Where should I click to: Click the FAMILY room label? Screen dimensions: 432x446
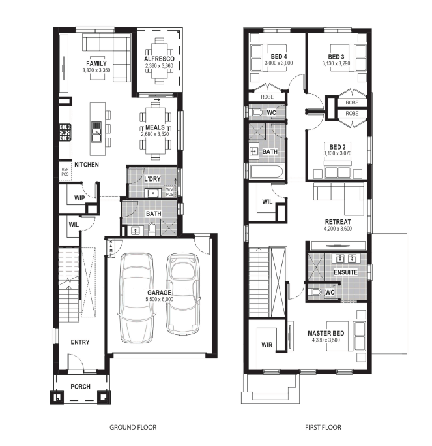[96, 63]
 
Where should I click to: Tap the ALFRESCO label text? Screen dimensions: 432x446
[159, 59]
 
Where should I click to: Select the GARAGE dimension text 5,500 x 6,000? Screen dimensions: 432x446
[159, 299]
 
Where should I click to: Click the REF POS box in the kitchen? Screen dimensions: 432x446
[65, 172]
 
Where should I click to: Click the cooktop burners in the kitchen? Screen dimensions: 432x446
[65, 133]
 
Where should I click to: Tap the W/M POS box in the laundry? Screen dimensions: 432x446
[169, 192]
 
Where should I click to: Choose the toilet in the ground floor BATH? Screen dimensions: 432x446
[152, 229]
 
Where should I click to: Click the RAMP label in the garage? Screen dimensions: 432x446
[111, 247]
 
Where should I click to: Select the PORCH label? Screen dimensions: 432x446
[81, 387]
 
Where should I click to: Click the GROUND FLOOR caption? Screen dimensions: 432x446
[133, 427]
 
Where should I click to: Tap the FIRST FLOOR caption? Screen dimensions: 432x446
[323, 427]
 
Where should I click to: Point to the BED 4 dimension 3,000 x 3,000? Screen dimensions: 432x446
[279, 63]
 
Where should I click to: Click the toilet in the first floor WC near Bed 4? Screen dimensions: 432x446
[257, 112]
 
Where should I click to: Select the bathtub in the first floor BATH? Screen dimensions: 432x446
[266, 172]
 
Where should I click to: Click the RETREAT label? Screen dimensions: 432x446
[338, 221]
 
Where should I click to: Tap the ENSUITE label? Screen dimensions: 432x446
[345, 272]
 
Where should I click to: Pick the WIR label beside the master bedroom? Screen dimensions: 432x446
[266, 345]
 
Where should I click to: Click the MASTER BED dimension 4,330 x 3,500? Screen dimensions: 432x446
[326, 340]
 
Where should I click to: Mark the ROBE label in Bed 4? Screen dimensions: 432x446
[267, 97]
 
